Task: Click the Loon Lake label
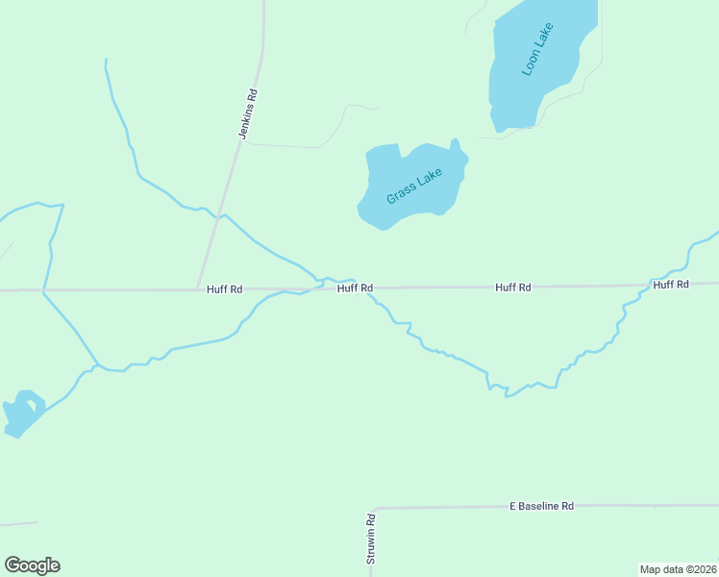[x=533, y=57]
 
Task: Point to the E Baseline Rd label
[x=541, y=506]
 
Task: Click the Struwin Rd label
[x=370, y=539]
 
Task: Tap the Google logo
[x=32, y=565]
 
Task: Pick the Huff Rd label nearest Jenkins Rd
[x=224, y=288]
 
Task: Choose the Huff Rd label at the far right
[x=671, y=285]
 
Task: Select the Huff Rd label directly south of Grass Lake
[x=355, y=288]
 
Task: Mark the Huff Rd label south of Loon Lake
[x=513, y=287]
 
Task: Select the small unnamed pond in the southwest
[x=21, y=414]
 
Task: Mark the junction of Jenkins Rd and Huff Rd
[x=199, y=288]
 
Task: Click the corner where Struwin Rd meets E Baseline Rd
[x=372, y=509]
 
